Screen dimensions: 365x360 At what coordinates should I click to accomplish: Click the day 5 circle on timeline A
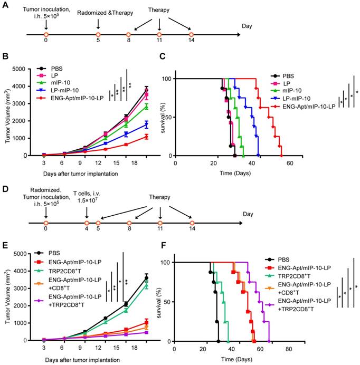(x=98, y=35)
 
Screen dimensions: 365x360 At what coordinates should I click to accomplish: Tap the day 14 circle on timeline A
(x=192, y=35)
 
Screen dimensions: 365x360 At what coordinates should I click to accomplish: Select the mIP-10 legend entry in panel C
(x=297, y=92)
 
